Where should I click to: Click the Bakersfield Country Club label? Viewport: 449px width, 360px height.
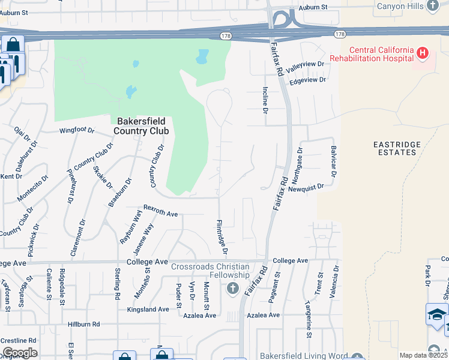pos(141,125)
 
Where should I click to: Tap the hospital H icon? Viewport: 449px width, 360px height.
pos(423,53)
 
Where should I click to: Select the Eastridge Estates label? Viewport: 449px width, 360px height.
pos(394,148)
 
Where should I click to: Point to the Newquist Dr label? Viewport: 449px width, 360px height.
pos(306,187)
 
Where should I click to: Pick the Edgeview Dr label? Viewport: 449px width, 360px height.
pos(307,80)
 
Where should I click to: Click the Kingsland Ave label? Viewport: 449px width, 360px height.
pos(148,310)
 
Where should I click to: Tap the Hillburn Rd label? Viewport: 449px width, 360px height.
pos(83,324)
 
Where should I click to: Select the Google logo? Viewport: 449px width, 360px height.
pos(20,352)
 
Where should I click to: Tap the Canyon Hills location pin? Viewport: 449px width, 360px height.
pos(433,7)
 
